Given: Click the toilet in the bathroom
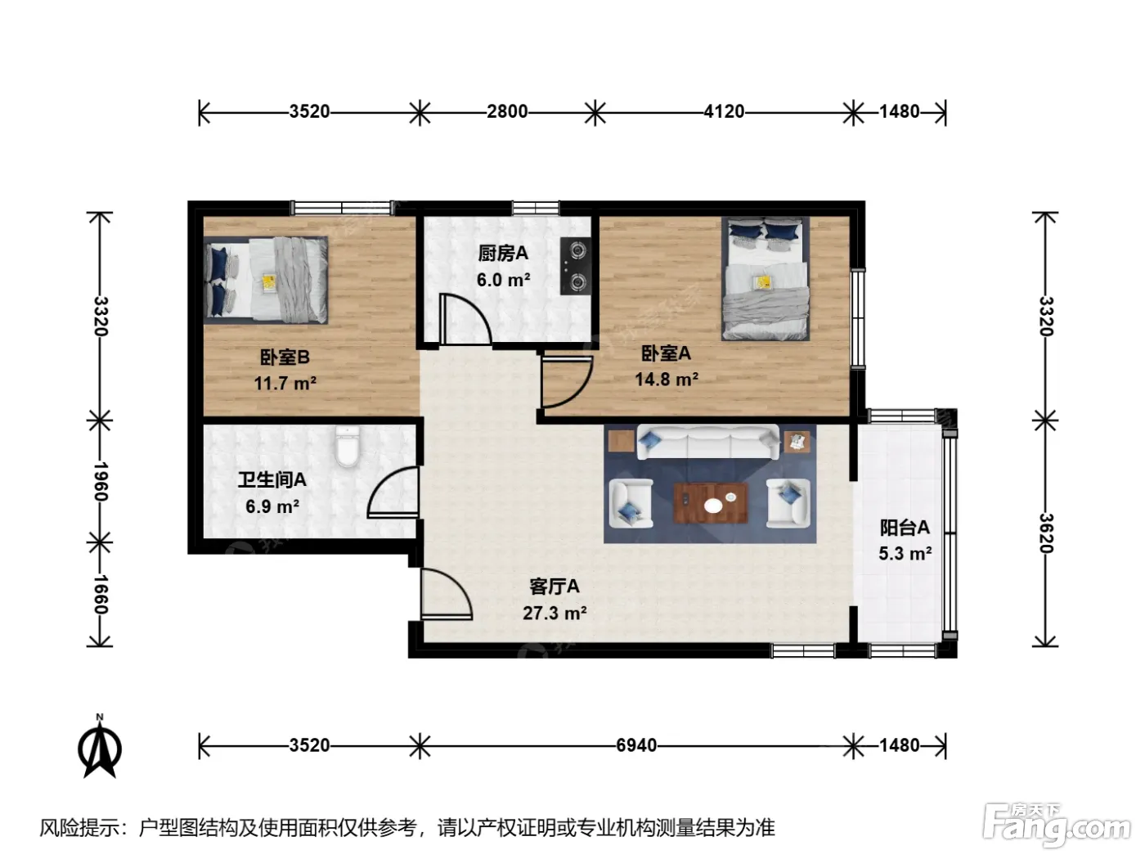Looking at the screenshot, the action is tap(348, 446).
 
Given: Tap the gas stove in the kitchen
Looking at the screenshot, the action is tap(576, 266).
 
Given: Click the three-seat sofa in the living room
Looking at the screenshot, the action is tap(708, 443).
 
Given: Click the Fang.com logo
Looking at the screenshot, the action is tap(1057, 825).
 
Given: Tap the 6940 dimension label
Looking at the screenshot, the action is tap(635, 745).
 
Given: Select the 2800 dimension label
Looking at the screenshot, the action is tap(507, 111).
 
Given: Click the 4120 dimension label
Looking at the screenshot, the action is tap(724, 111).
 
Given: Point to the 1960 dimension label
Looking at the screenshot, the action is tap(100, 481).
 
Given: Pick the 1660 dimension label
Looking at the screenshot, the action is tap(100, 595).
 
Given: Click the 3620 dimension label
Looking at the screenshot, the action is tap(1046, 533).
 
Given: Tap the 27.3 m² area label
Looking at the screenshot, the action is tap(555, 613).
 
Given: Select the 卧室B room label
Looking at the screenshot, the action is tap(285, 358).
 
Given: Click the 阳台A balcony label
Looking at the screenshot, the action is tap(905, 528).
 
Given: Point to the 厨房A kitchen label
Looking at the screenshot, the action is tap(503, 254).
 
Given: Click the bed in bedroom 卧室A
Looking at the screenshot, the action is tap(766, 279).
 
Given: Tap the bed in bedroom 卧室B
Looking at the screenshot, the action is tap(266, 280).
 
